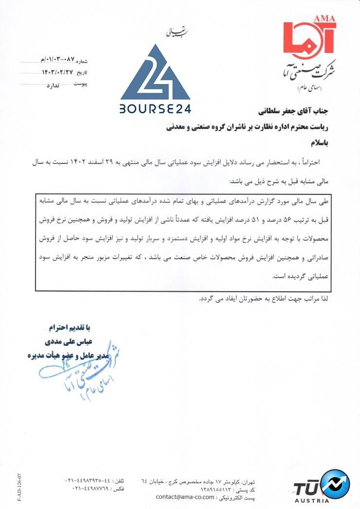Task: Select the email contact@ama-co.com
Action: click(184, 497)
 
